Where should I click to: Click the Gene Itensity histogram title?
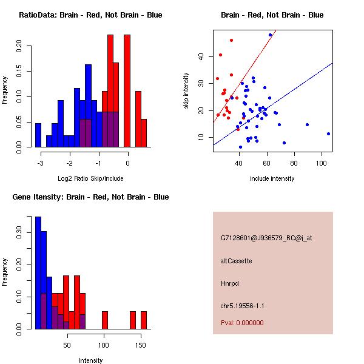pos(90,197)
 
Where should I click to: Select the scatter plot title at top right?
pos(272,15)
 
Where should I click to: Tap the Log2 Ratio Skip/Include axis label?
pos(90,178)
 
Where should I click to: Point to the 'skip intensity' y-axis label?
pos(187,91)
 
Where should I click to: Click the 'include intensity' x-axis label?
pos(272,178)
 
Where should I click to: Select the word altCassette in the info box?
pos(236,261)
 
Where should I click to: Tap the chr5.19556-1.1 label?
pos(242,305)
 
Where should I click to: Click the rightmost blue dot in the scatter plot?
pos(328,133)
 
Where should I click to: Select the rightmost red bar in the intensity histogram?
pos(144,320)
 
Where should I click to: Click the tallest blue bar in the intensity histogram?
pos(38,272)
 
